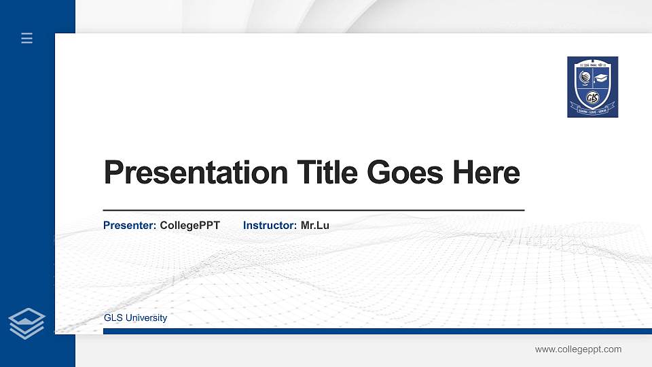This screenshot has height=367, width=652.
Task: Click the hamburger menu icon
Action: [27, 39]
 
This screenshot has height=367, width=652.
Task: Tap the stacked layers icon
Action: [26, 323]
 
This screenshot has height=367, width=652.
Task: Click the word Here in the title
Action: [486, 173]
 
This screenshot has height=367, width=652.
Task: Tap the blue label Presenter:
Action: [130, 225]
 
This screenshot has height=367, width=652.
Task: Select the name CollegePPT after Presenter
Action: [190, 225]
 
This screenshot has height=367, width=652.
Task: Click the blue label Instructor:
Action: [270, 225]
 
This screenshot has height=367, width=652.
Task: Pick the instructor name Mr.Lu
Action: [315, 225]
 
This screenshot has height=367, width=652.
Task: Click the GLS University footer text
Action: [135, 318]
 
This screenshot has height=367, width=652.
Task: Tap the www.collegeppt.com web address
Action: [578, 349]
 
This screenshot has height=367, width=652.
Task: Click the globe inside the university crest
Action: [583, 77]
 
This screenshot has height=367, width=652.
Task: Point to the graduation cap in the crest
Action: [601, 77]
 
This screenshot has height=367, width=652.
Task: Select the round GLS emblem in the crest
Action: [592, 95]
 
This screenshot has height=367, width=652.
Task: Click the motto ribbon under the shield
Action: [592, 107]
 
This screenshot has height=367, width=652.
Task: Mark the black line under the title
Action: [313, 211]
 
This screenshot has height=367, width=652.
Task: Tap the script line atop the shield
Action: [592, 63]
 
